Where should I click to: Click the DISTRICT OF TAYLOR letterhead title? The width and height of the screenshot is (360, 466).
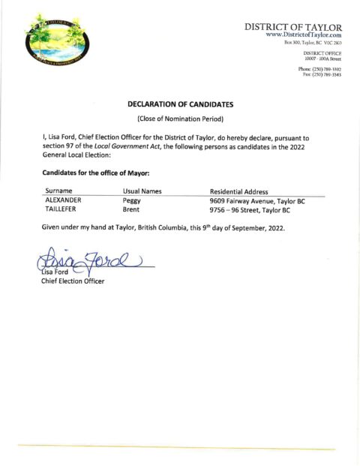[x=293, y=27]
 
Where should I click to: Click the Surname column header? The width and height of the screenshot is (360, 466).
[x=58, y=191]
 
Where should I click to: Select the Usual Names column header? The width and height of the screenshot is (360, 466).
[x=142, y=191]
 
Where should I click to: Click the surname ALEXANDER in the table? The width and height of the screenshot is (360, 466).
[x=64, y=201]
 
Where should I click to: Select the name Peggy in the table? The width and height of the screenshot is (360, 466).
[x=131, y=201]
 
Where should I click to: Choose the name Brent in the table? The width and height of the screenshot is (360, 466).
[x=130, y=211]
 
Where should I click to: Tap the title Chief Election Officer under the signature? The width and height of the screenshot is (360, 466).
[x=73, y=281]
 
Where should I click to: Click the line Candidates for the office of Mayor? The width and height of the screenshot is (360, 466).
[x=95, y=173]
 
